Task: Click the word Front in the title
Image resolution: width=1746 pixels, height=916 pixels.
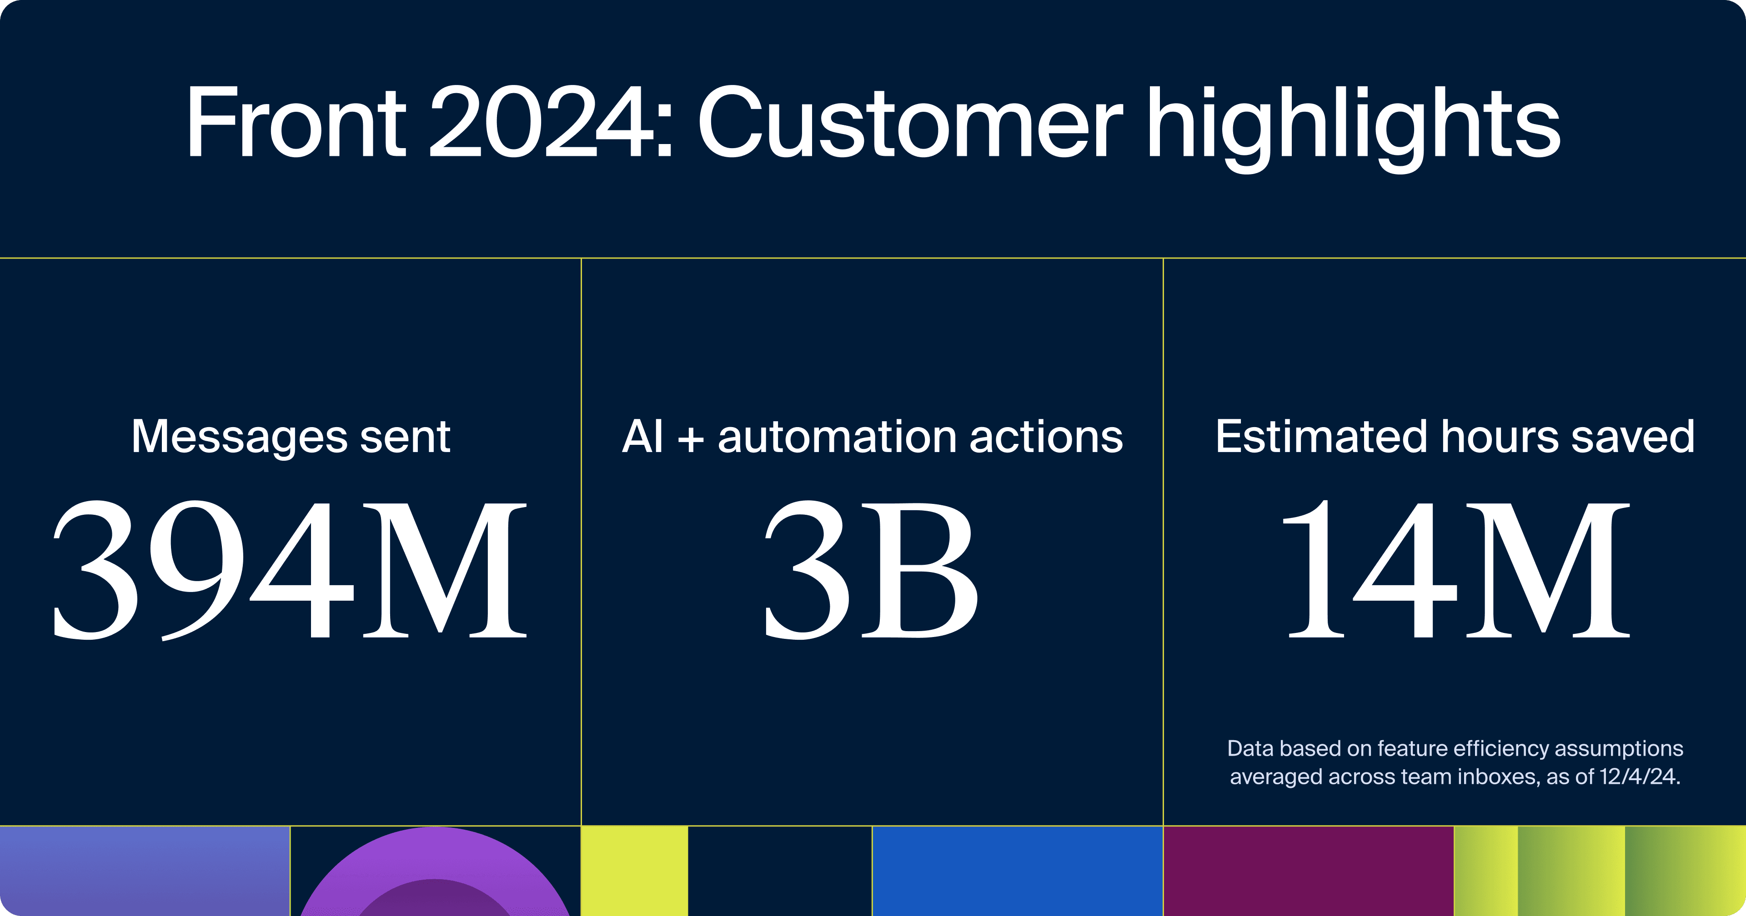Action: coord(296,123)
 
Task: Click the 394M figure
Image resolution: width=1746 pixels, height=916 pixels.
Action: coord(290,569)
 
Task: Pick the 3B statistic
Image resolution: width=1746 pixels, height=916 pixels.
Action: coord(872,569)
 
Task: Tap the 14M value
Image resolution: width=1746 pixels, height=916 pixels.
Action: coord(1455,569)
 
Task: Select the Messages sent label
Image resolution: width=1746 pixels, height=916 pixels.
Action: coord(291,437)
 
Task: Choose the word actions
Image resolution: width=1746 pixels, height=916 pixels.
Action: coord(1046,438)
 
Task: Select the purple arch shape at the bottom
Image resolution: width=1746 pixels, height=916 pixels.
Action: coord(435,854)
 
